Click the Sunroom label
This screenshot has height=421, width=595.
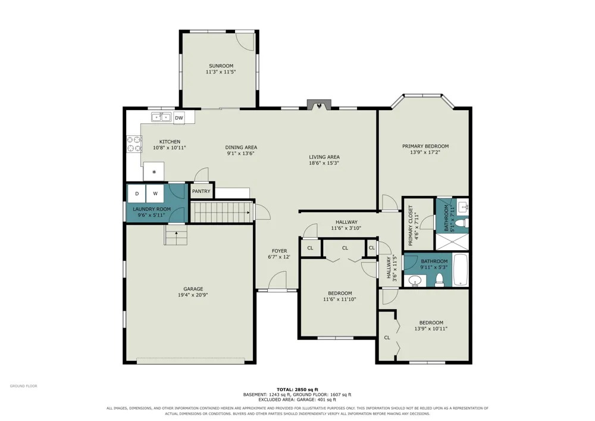point(221,66)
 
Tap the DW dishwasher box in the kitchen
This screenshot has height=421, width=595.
point(179,118)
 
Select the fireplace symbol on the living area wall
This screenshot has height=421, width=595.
point(319,105)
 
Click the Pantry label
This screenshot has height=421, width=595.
point(201,191)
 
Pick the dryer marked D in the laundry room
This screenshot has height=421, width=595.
point(137,193)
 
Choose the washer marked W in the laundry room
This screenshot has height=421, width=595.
point(155,193)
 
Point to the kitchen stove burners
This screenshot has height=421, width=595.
point(134,144)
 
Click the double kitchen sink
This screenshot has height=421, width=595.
point(161,117)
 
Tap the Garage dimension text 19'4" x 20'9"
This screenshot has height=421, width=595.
point(193,295)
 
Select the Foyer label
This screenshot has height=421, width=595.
point(279,251)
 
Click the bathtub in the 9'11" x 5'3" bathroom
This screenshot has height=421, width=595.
point(461,270)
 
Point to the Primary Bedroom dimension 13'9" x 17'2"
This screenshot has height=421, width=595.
point(425,152)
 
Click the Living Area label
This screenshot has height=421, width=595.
point(324,157)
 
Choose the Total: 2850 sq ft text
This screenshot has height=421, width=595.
point(297,389)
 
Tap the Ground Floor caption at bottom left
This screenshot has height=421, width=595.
point(24,386)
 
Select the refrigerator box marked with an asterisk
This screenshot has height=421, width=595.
point(154,171)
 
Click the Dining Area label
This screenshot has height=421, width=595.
point(241,147)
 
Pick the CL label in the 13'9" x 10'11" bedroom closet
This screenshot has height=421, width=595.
point(387,338)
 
